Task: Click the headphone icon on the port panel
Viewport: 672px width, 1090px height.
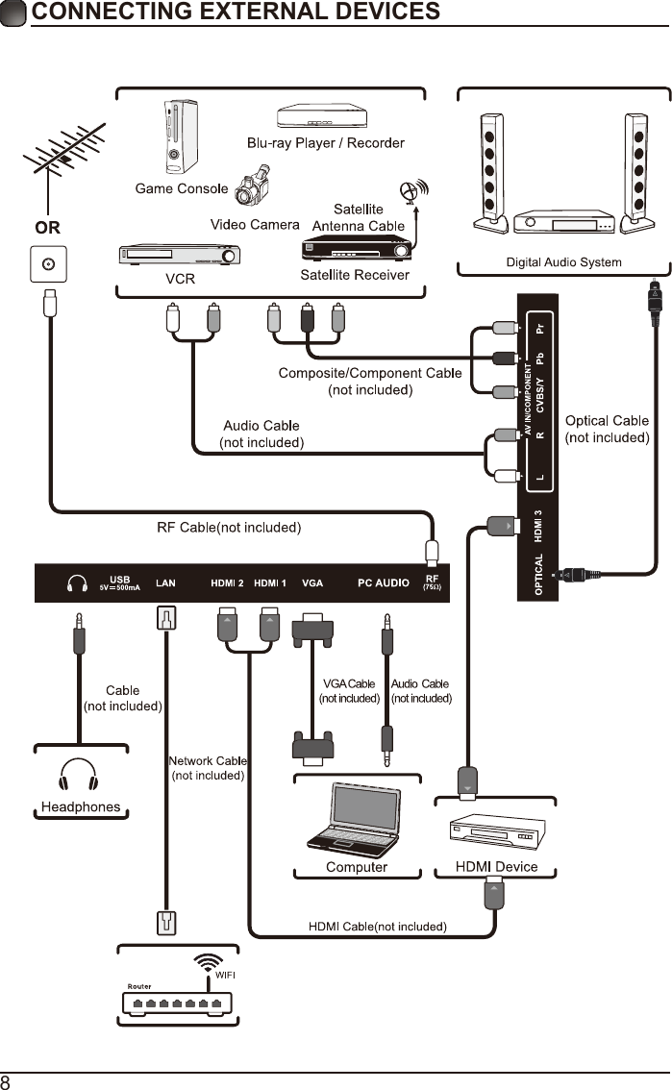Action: (x=77, y=582)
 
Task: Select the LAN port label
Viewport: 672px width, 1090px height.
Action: (x=166, y=582)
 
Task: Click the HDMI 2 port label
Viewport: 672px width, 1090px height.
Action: (x=228, y=582)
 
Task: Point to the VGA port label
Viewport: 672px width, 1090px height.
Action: (x=312, y=582)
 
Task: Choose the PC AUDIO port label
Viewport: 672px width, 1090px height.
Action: (x=384, y=582)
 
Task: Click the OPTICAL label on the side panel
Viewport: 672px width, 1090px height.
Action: (x=539, y=575)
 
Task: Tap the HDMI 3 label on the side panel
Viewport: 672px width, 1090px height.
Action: (x=539, y=524)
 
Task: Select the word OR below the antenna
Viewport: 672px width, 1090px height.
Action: (x=48, y=229)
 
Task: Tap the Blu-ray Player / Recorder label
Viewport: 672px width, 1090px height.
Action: (x=325, y=143)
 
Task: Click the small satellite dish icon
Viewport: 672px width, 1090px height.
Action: (x=414, y=190)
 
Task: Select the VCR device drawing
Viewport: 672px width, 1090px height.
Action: (x=179, y=255)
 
